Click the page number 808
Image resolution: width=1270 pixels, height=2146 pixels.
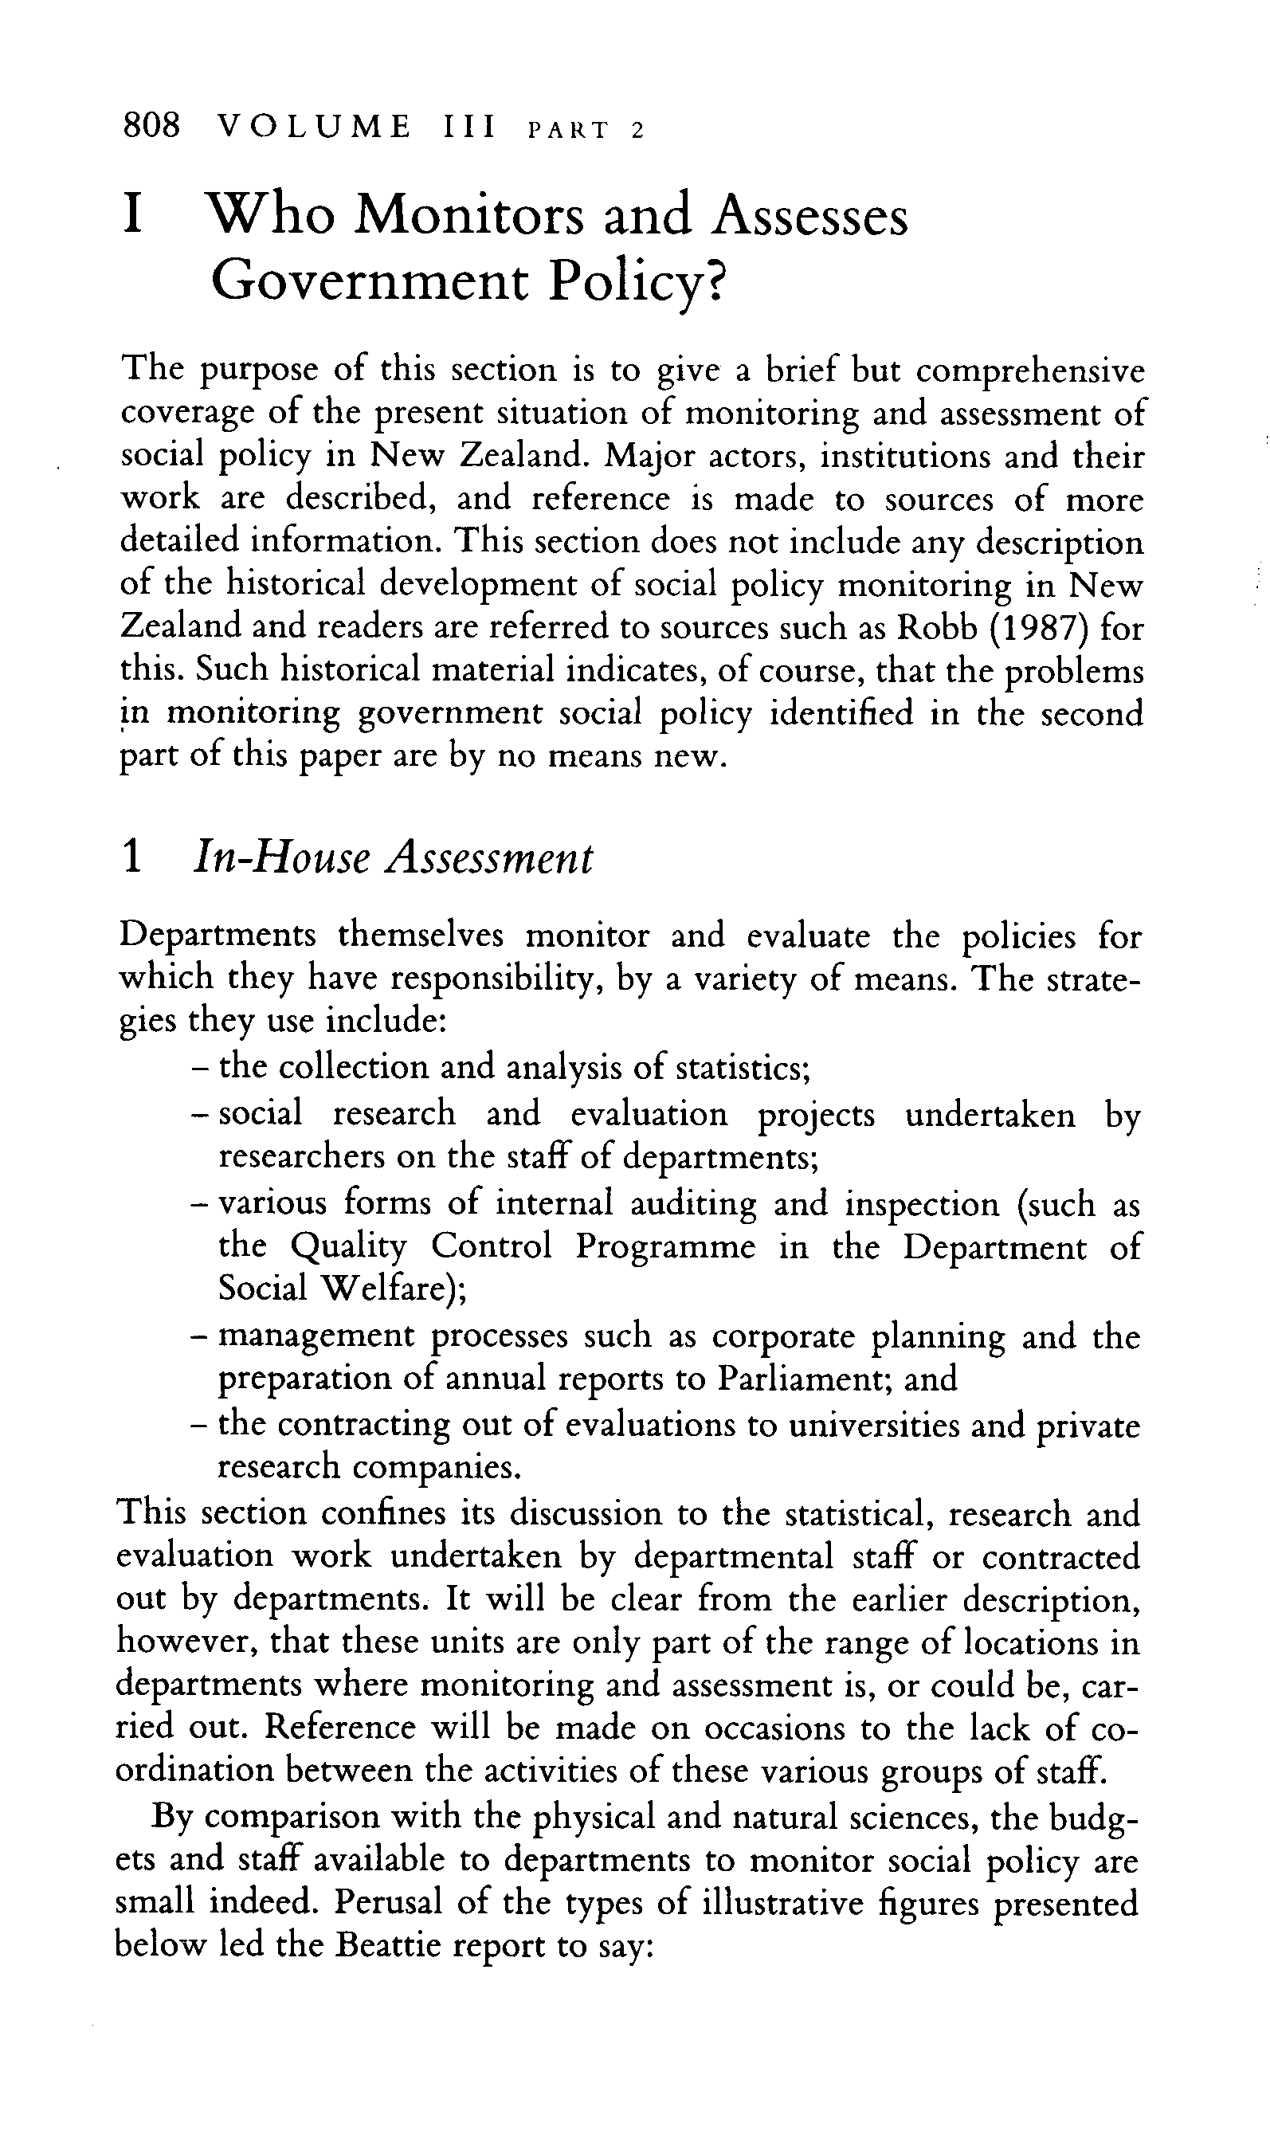tap(152, 127)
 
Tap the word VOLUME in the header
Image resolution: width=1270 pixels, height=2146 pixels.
tap(314, 128)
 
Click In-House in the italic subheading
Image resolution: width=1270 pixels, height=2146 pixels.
tap(275, 857)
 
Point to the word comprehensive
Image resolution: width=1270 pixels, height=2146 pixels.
tap(1029, 371)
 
